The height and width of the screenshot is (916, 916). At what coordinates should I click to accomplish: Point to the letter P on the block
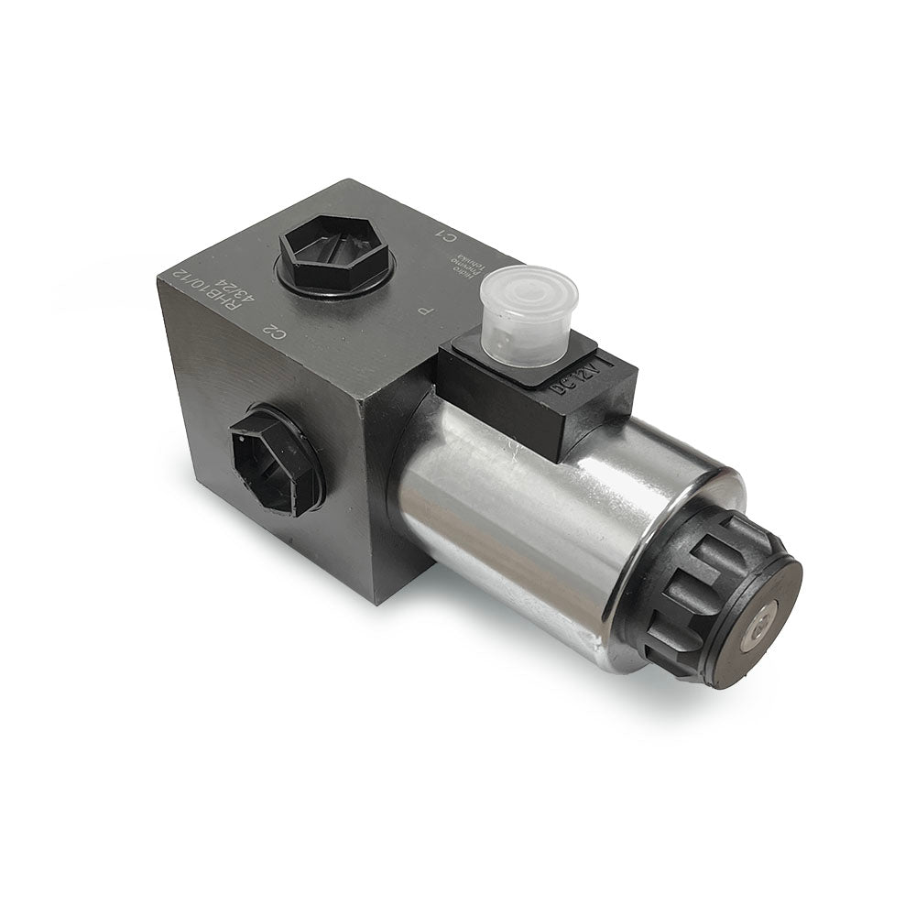424,311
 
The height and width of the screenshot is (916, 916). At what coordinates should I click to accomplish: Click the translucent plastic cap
529,314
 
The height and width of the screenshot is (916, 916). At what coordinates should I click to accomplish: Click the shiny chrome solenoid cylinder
513,513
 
